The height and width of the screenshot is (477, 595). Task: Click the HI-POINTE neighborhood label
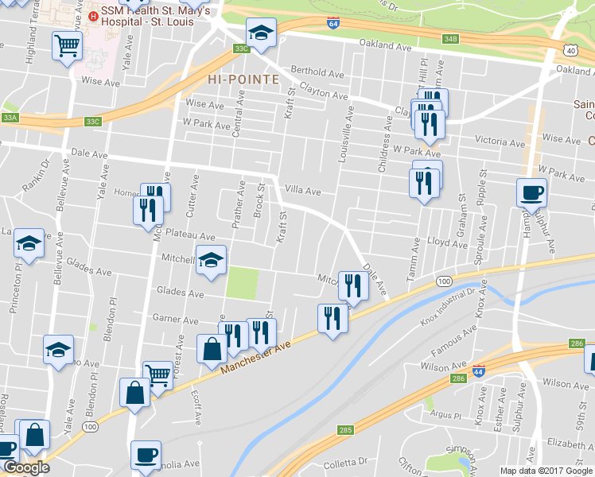point(243,79)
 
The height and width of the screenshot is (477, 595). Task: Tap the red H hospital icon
point(93,15)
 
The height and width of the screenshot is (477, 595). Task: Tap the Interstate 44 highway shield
point(477,370)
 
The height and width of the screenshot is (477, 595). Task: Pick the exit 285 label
point(344,430)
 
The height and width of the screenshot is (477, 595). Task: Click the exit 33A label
point(10,118)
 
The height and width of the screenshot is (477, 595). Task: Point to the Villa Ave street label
point(302,191)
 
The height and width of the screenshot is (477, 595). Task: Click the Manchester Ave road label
point(252,355)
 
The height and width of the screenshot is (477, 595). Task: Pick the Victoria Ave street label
point(500,142)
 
